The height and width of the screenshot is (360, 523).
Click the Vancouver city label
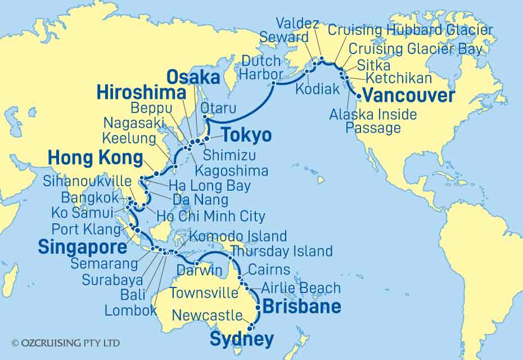click(x=408, y=96)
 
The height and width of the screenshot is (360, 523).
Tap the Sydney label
click(x=241, y=339)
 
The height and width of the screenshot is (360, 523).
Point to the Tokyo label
click(x=246, y=135)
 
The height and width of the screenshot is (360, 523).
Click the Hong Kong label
click(x=94, y=158)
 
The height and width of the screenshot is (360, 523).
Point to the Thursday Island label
click(x=282, y=251)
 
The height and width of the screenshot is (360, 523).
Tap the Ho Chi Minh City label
click(x=211, y=216)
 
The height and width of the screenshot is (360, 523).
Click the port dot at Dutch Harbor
click(x=274, y=83)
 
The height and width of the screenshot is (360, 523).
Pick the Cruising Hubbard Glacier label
click(x=410, y=30)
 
